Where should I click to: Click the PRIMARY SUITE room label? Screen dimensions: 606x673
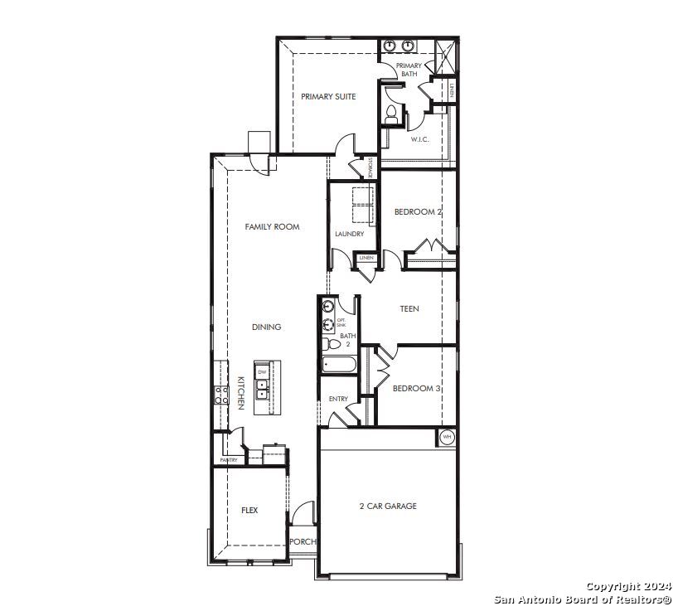pos(328,97)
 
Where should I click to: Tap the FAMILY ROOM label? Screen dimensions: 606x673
pos(272,227)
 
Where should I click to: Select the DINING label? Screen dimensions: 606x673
pos(267,327)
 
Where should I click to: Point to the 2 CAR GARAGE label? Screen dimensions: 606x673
pos(388,507)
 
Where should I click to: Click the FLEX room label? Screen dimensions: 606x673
pos(249,511)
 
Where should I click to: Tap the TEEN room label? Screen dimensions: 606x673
pos(409,309)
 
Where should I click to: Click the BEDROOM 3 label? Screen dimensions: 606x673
pos(416,389)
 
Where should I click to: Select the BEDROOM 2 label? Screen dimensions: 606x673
pos(418,212)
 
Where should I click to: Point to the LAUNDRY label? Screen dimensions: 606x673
pos(350,235)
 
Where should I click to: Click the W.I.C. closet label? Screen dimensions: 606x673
pos(419,139)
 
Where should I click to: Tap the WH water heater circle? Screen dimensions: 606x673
pos(447,437)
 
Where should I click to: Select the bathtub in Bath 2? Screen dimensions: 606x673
pos(339,364)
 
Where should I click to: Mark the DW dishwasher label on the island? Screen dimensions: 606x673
pos(263,372)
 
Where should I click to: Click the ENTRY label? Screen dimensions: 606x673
pos(338,400)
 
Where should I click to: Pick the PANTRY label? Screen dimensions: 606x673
pos(229,460)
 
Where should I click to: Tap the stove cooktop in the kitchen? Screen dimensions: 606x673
pos(221,395)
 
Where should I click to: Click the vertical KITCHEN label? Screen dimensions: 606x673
pos(240,392)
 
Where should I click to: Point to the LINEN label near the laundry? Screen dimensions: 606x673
pos(366,259)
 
